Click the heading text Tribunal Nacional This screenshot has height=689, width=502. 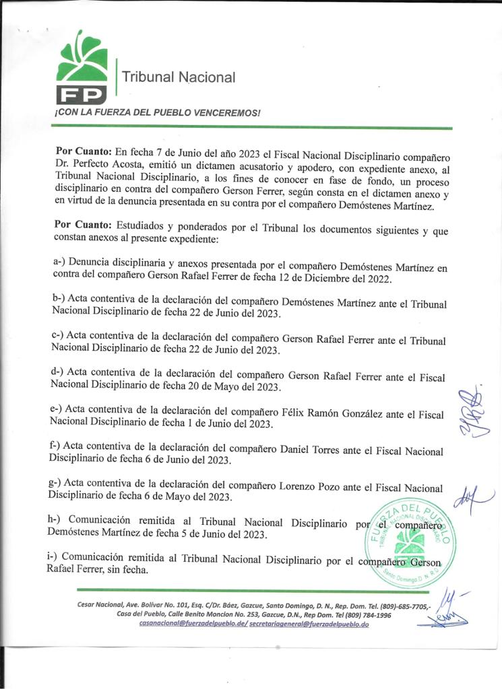point(179,77)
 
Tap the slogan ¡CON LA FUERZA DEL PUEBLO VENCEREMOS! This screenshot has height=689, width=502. point(157,112)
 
